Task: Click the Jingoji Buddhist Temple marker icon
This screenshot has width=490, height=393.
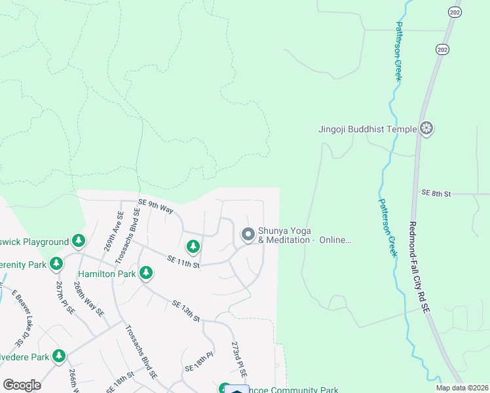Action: (427, 129)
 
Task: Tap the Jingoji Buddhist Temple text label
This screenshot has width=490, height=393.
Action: (367, 129)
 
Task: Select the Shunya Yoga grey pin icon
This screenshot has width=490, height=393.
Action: (248, 234)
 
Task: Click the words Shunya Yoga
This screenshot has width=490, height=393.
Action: (284, 231)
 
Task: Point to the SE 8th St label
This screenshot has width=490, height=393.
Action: (437, 193)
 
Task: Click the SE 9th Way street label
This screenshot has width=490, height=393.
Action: (155, 206)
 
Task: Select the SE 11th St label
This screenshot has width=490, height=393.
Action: (183, 261)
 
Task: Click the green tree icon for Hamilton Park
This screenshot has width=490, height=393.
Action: (146, 272)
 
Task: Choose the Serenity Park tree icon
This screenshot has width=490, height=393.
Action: (56, 264)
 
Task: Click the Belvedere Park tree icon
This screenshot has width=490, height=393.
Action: (60, 356)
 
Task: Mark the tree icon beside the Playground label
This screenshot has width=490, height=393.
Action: (79, 241)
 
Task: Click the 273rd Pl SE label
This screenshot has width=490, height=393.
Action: (239, 358)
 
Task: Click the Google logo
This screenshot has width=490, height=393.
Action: (22, 384)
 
